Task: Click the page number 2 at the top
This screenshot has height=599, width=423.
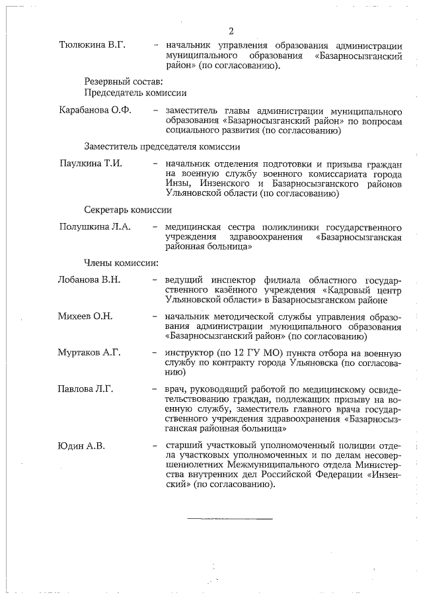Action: click(x=231, y=32)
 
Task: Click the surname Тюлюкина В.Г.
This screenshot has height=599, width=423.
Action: click(x=93, y=44)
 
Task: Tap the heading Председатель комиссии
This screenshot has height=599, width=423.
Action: click(x=135, y=93)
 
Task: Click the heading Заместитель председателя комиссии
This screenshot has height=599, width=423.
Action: click(x=161, y=146)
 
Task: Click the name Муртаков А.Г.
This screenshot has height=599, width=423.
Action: click(x=89, y=352)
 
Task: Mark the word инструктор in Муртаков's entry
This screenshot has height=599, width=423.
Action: click(x=190, y=352)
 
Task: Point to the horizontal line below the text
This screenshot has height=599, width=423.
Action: click(x=229, y=518)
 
